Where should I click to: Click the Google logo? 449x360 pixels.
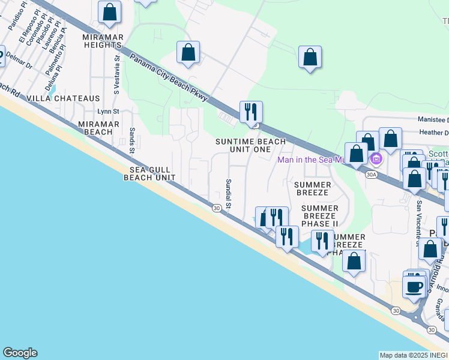[20, 353]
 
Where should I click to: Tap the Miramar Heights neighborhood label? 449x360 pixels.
[102, 41]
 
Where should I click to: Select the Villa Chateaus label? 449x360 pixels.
[71, 98]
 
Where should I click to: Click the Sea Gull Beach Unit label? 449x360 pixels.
[149, 173]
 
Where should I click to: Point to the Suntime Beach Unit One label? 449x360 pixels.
[252, 145]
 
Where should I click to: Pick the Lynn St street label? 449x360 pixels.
[109, 112]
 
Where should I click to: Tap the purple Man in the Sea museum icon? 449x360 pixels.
[376, 159]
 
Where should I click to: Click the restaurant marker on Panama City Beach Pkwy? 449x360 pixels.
[250, 112]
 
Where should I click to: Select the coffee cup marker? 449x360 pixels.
[414, 286]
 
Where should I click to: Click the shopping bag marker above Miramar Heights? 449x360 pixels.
[109, 12]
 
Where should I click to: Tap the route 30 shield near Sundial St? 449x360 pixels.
[216, 208]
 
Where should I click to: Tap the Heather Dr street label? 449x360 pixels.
[432, 133]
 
